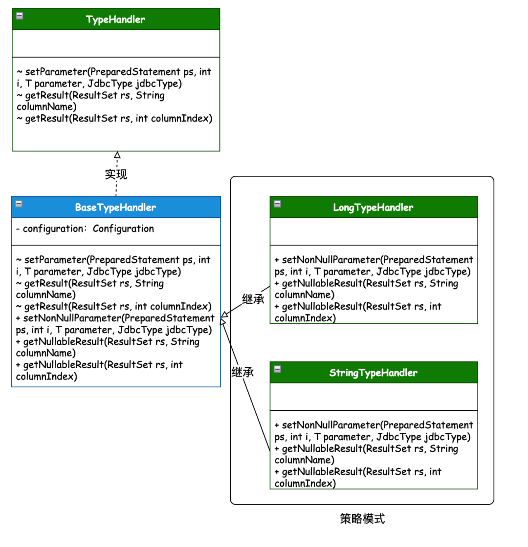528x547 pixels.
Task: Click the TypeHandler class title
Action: (x=115, y=19)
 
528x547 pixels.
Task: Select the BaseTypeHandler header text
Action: (x=115, y=207)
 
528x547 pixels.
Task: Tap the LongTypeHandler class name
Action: (x=373, y=207)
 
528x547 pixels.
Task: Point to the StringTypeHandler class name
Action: (x=374, y=373)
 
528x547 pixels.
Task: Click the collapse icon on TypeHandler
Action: (x=20, y=16)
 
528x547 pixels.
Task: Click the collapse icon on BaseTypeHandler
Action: (x=19, y=204)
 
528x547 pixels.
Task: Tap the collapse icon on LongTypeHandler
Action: (x=278, y=204)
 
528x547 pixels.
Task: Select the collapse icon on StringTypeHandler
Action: (x=278, y=369)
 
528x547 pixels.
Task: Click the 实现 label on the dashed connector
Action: (x=116, y=174)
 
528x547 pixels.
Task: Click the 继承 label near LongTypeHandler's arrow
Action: (x=253, y=299)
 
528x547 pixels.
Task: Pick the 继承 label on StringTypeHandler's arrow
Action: (x=242, y=372)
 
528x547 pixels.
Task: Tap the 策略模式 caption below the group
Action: (x=362, y=519)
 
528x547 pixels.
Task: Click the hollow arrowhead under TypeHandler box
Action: (x=117, y=154)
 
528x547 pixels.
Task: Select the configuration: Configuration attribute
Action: (x=85, y=229)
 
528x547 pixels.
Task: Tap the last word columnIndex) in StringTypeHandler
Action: (x=305, y=484)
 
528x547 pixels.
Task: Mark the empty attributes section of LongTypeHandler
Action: (x=374, y=231)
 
